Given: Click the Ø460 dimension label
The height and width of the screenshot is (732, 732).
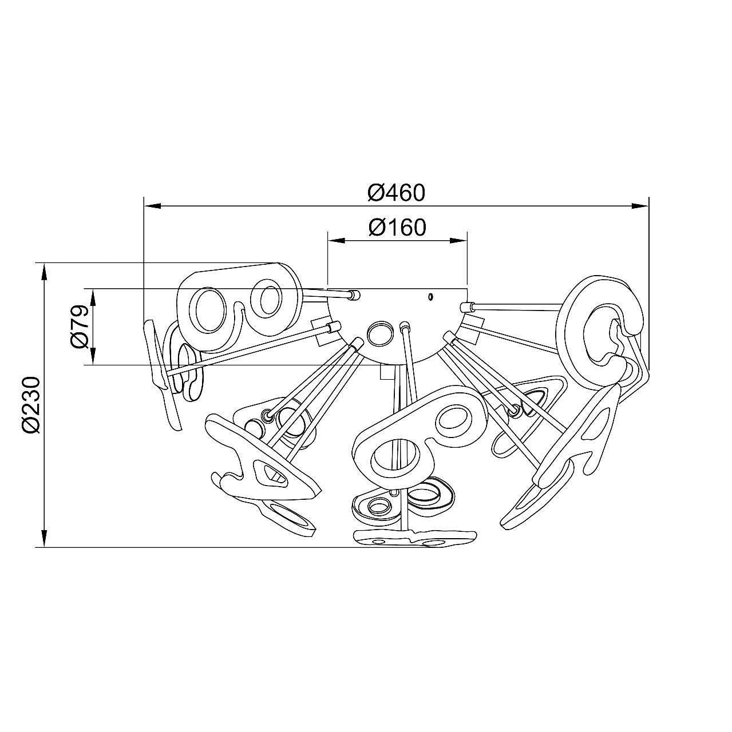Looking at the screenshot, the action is [x=396, y=193].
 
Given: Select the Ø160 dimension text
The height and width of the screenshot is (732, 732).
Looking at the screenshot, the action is [x=397, y=228].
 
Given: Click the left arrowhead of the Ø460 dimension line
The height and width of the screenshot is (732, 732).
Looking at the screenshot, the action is [x=153, y=206].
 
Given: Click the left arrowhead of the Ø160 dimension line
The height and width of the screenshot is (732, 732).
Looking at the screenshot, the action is [x=337, y=240].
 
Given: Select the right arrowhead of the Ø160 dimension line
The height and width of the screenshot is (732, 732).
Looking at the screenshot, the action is [x=458, y=240].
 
